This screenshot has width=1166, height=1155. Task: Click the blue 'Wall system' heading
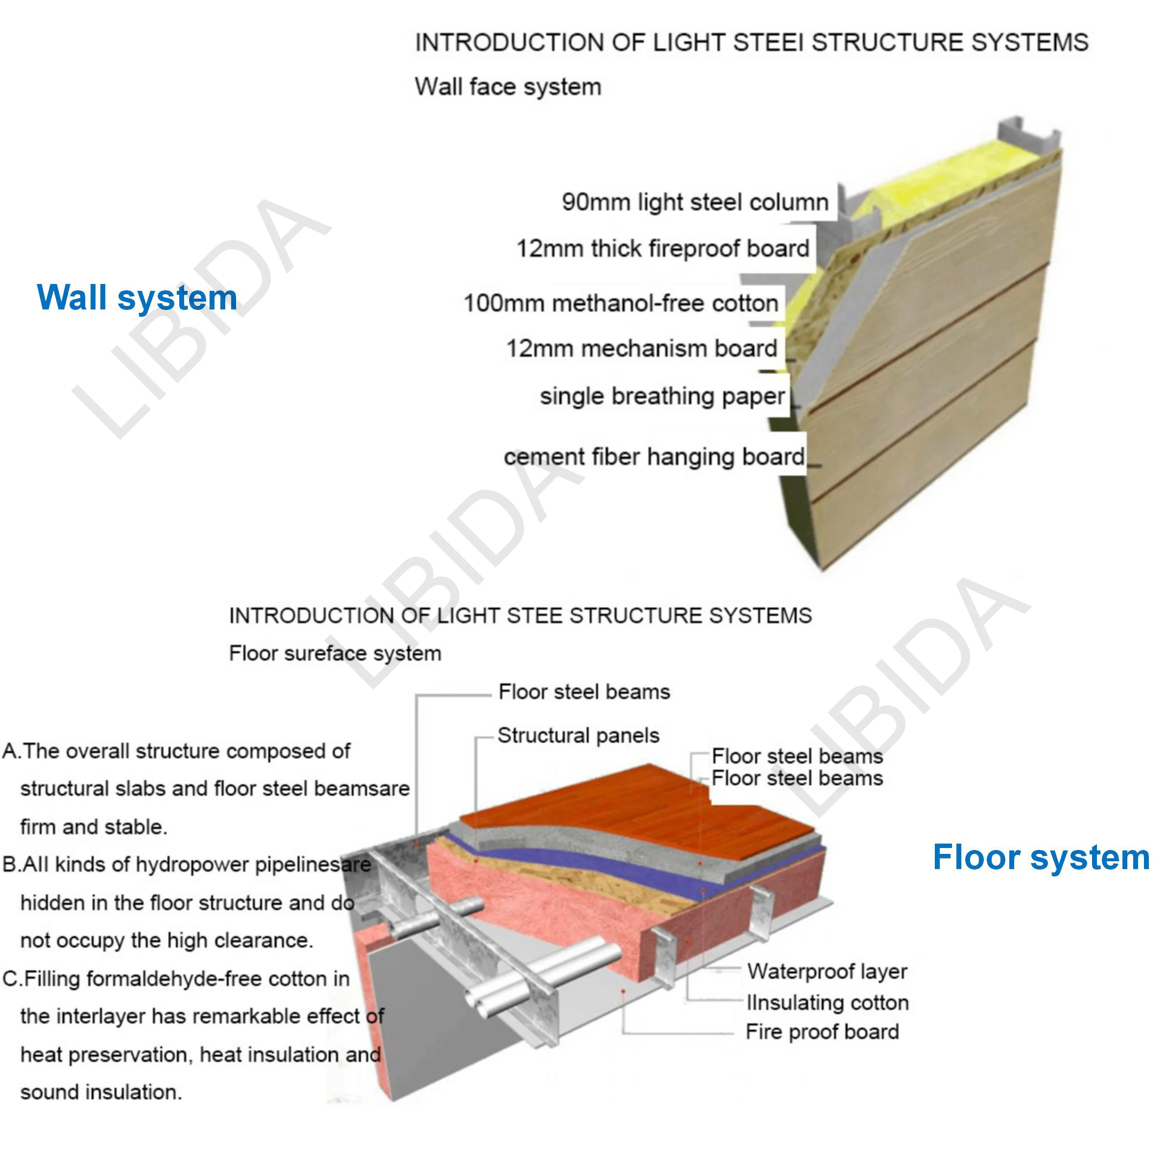tap(137, 298)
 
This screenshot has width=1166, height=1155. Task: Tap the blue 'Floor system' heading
tap(1041, 857)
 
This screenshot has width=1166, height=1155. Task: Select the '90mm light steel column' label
tap(694, 202)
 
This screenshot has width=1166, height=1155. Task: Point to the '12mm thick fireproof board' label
tap(663, 249)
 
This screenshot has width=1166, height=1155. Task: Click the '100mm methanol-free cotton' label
tap(620, 303)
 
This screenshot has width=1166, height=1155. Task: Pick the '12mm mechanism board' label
tap(642, 348)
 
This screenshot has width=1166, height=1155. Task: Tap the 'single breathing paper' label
tap(662, 397)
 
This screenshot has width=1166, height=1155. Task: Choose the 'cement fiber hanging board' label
tap(654, 457)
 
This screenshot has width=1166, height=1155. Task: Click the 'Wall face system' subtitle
tap(507, 87)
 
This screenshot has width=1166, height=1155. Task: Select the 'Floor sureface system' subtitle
tap(335, 653)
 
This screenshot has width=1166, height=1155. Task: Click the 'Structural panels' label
tap(578, 735)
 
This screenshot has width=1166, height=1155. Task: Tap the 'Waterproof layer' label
tap(827, 971)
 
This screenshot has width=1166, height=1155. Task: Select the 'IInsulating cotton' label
tap(828, 1002)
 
